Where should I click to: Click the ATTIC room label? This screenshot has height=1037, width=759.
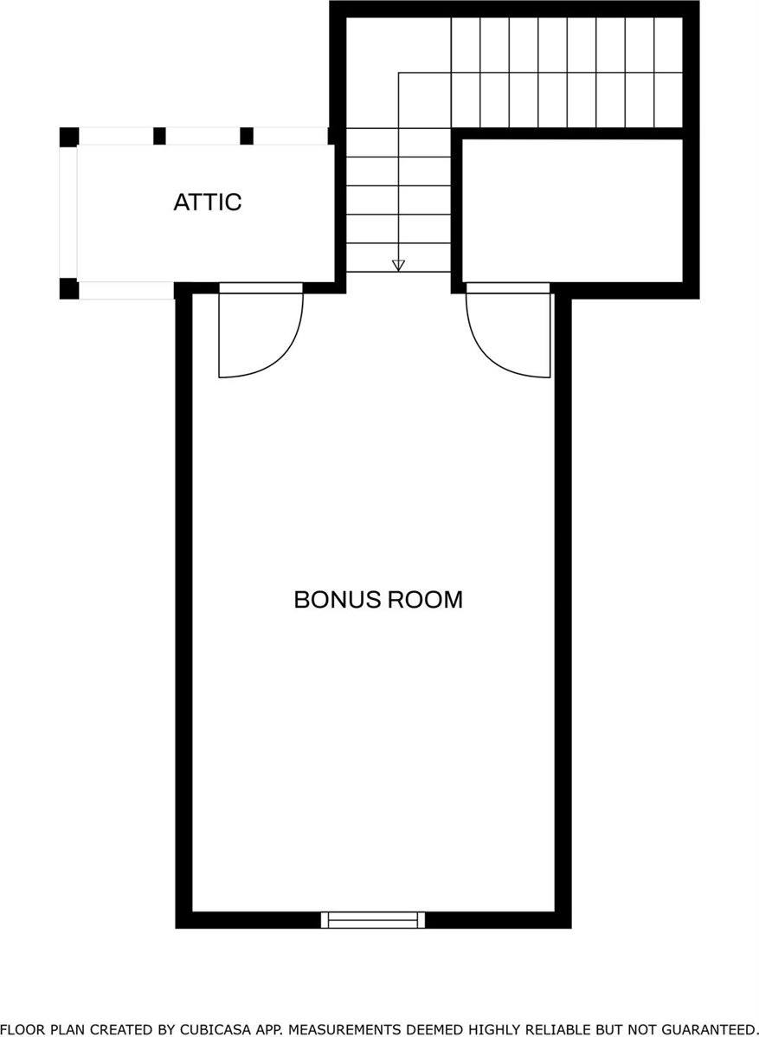coord(207,202)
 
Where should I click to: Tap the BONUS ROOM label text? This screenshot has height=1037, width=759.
coord(378,599)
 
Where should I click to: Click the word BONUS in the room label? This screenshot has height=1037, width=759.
coord(337,599)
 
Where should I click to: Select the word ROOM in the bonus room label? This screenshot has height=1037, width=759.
coord(424,599)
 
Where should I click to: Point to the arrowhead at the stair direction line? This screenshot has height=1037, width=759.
coord(398,265)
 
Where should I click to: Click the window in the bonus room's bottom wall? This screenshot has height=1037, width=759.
coord(373,919)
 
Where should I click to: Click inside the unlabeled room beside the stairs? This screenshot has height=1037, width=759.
coord(572,210)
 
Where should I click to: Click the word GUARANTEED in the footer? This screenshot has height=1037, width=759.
coord(711,1029)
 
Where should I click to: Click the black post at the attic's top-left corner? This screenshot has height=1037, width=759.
coord(69,137)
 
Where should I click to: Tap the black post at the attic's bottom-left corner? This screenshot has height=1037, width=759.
coord(69,289)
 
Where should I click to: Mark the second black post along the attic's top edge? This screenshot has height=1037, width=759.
coord(159,136)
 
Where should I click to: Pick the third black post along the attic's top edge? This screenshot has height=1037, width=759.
coord(247,136)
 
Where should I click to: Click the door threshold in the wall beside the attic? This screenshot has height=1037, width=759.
coord(261,287)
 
